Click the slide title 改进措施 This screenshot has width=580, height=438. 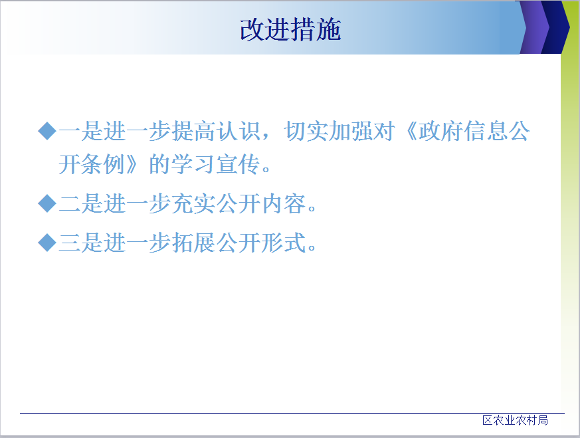[x=290, y=30]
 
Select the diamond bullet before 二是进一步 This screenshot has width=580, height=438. [x=47, y=203]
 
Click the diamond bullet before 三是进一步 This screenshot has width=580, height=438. [x=47, y=243]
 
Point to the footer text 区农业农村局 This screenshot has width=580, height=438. [x=516, y=420]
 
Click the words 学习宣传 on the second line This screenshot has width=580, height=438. [x=215, y=164]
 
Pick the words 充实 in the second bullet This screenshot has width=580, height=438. [x=194, y=203]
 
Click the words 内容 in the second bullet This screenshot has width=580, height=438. [x=284, y=203]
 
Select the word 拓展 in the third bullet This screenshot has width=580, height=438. [x=194, y=243]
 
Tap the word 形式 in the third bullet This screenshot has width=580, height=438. [x=284, y=243]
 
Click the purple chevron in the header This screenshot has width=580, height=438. [x=535, y=27]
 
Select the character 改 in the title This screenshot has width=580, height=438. [x=252, y=30]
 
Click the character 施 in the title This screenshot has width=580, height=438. [x=328, y=30]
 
